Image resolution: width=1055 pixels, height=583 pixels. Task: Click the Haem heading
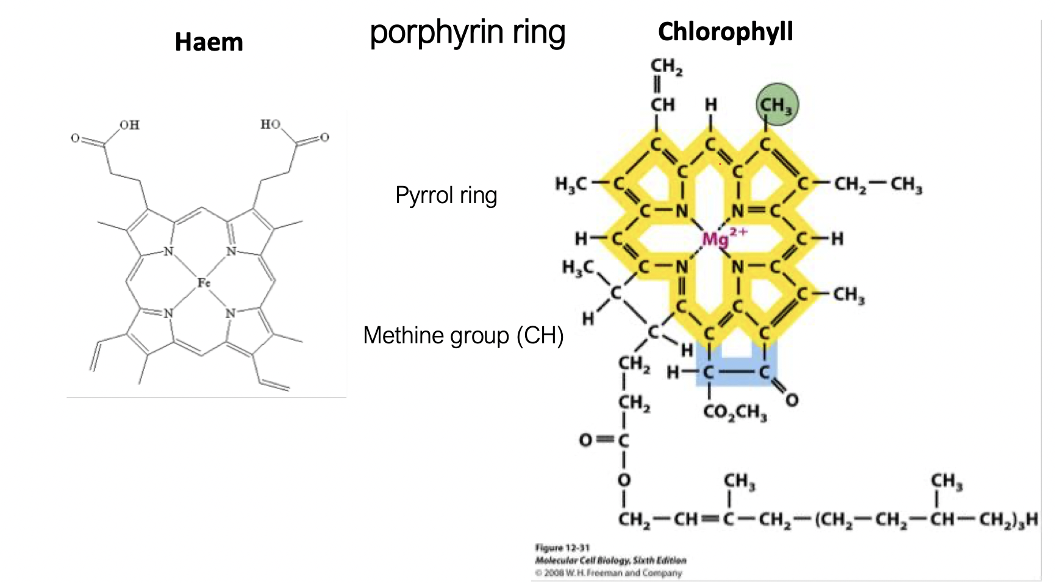click(x=209, y=42)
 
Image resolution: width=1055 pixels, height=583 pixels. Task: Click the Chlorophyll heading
click(x=725, y=32)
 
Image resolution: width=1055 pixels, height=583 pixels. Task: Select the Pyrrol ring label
click(x=446, y=196)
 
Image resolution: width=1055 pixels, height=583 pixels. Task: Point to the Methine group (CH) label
click(x=463, y=336)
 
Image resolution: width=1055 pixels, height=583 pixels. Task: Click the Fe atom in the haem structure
click(x=204, y=282)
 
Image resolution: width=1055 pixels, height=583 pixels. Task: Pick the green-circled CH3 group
click(x=776, y=105)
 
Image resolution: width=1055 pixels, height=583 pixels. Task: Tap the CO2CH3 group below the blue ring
click(x=735, y=412)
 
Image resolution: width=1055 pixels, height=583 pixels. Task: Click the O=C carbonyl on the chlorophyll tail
click(x=604, y=440)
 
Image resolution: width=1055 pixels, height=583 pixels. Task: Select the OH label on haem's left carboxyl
click(x=129, y=125)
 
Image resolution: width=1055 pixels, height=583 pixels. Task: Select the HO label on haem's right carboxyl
click(x=271, y=124)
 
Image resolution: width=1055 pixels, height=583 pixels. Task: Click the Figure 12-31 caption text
click(x=562, y=547)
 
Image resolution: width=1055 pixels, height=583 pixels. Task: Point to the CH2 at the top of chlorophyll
click(x=666, y=66)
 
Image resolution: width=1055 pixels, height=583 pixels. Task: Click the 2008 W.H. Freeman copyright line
click(x=608, y=573)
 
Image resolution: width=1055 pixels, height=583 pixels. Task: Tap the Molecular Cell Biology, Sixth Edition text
click(x=610, y=560)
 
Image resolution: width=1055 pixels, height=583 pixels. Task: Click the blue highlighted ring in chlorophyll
click(x=737, y=366)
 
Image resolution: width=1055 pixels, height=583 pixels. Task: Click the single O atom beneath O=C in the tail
click(x=623, y=480)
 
